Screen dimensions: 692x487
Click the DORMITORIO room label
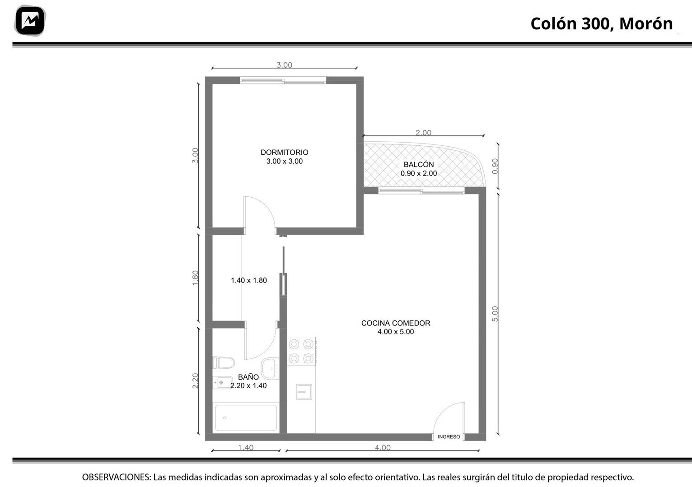(284, 152)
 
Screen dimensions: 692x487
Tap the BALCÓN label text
(419, 164)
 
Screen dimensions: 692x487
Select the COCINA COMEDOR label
(396, 323)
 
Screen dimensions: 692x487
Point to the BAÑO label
(248, 377)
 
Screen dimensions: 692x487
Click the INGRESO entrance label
(449, 437)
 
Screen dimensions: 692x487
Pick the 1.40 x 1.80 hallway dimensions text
(249, 280)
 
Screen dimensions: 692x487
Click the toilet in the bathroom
(224, 363)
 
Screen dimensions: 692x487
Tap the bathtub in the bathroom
(246, 417)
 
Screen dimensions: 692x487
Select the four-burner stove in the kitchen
(302, 351)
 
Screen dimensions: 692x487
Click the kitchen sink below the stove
(304, 392)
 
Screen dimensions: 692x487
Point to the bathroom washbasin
(271, 368)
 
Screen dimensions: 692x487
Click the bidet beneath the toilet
(222, 382)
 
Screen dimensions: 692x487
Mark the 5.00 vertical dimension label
(495, 314)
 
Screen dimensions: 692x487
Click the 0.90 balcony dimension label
(495, 166)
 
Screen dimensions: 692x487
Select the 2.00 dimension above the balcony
(423, 132)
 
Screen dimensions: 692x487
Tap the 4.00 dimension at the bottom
(383, 447)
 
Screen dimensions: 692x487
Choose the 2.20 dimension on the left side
(195, 380)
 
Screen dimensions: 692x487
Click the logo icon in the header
(30, 21)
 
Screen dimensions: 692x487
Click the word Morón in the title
(646, 23)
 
